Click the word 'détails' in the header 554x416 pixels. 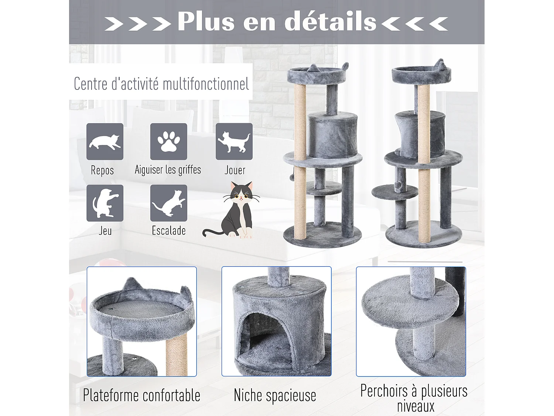[330, 21]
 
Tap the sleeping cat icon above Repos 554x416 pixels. [105, 142]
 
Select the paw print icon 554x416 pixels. [169, 142]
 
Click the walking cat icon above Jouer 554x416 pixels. [234, 142]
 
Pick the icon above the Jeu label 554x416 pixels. [105, 203]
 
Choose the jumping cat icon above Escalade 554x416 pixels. [169, 203]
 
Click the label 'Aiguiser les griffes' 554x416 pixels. [168, 170]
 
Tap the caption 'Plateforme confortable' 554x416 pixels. [141, 395]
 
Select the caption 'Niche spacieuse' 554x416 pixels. [275, 395]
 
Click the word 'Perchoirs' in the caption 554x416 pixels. [384, 391]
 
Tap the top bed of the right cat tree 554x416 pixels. [421, 74]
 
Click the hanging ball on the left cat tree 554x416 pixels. [292, 177]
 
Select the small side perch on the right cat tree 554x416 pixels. [394, 192]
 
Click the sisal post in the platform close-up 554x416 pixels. [177, 357]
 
